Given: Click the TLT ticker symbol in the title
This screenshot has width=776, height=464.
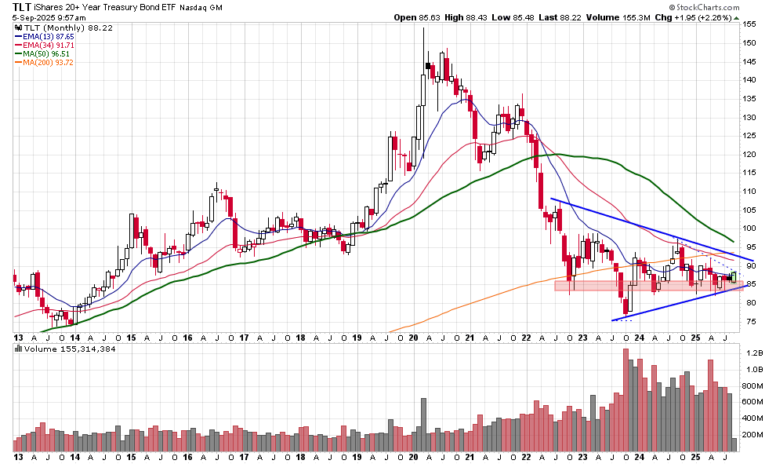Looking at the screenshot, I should click(22, 6).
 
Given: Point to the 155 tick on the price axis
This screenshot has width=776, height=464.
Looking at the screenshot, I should click(750, 24).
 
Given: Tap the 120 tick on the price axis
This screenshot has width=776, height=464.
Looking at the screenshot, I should click(750, 155).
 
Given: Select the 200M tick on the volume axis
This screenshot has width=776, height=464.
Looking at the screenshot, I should click(753, 434).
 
